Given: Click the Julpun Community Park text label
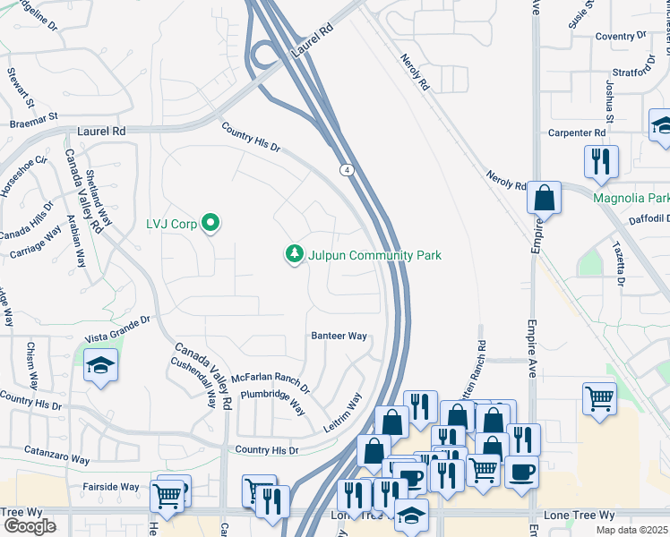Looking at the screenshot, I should tap(374, 255).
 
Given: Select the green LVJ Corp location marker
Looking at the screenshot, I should tap(210, 222).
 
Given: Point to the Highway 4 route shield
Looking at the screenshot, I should tap(345, 169).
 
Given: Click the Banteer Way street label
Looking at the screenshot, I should tap(339, 336).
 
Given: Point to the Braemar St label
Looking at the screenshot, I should tap(33, 116).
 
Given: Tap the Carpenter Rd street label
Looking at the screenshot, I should tap(577, 132).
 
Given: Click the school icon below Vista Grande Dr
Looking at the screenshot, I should tap(101, 365).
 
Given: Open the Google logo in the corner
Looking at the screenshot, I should tap(30, 526).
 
